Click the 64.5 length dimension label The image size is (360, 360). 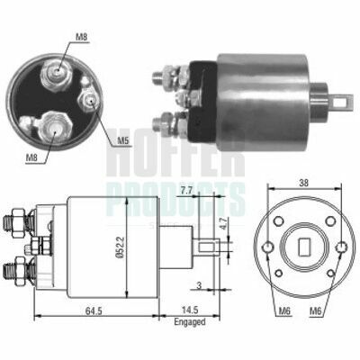pyautogui.click(x=94, y=310)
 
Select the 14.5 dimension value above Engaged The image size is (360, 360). pyautogui.click(x=190, y=310)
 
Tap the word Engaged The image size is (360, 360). pyautogui.click(x=190, y=322)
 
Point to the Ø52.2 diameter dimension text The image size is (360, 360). pyautogui.click(x=121, y=247)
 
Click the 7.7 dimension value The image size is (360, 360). pyautogui.click(x=187, y=191)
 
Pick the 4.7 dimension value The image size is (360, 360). pyautogui.click(x=222, y=223)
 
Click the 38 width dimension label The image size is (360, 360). pyautogui.click(x=304, y=183)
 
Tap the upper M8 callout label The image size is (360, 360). pyautogui.click(x=81, y=37)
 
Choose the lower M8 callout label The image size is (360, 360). pyautogui.click(x=31, y=157)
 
